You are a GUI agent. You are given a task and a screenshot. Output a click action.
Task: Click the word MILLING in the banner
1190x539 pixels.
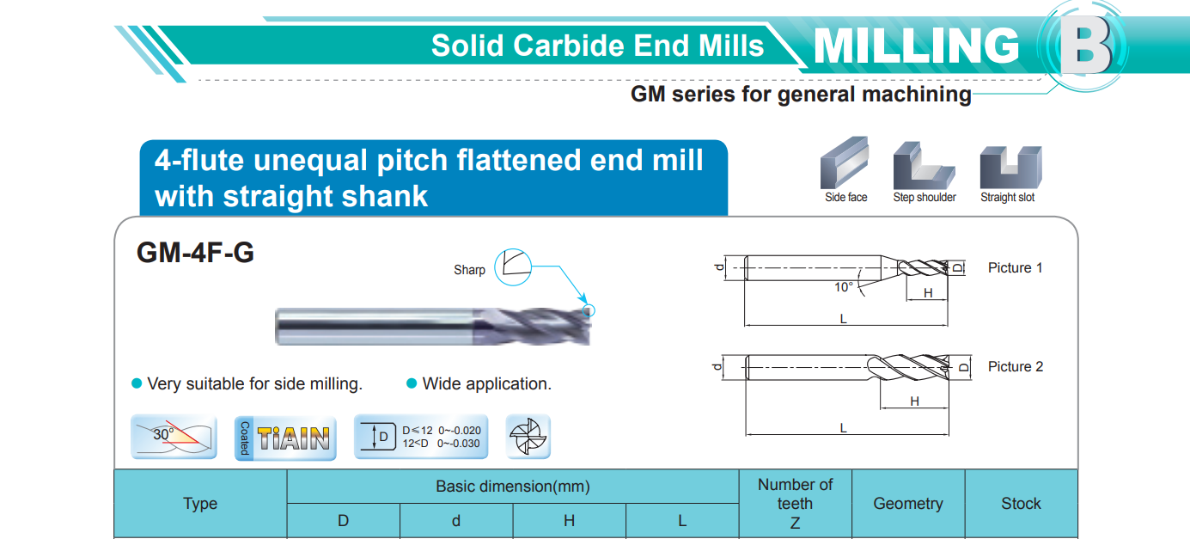pyautogui.click(x=917, y=46)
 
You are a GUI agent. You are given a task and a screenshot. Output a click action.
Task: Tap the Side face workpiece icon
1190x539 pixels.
pyautogui.click(x=845, y=162)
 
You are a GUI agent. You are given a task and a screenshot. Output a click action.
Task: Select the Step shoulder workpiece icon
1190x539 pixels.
pyautogui.click(x=924, y=165)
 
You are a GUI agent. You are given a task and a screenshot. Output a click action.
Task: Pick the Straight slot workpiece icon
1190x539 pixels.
pyautogui.click(x=1011, y=167)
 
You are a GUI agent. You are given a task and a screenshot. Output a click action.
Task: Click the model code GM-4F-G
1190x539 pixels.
pyautogui.click(x=195, y=253)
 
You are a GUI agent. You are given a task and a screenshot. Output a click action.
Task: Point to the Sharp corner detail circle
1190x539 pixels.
pyautogui.click(x=513, y=267)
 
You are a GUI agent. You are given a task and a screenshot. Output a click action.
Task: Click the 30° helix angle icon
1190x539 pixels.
pyautogui.click(x=174, y=437)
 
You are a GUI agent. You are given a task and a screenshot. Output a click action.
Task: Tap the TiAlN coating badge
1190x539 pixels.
pyautogui.click(x=285, y=438)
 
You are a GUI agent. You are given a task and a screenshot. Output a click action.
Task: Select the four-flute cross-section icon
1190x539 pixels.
pyautogui.click(x=528, y=437)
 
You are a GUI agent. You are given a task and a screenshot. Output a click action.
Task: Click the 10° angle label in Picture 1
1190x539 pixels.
pyautogui.click(x=843, y=287)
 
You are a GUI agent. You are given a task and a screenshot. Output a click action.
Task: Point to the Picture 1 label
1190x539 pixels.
pyautogui.click(x=1015, y=268)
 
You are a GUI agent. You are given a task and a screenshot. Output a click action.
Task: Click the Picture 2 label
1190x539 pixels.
pyautogui.click(x=1016, y=367)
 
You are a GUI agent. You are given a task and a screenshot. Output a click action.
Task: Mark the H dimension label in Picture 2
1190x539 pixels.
pyautogui.click(x=914, y=401)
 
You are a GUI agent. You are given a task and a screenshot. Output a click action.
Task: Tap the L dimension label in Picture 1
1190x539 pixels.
pyautogui.click(x=843, y=319)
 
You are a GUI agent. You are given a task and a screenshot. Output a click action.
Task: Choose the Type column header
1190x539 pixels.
pyautogui.click(x=200, y=504)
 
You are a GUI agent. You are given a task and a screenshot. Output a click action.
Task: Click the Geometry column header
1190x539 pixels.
pyautogui.click(x=908, y=504)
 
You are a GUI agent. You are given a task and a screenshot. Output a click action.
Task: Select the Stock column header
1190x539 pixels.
pyautogui.click(x=1021, y=504)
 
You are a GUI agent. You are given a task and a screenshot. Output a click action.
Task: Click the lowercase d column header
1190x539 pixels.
pyautogui.click(x=456, y=521)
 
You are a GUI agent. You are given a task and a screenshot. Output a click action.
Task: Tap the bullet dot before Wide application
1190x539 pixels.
pyautogui.click(x=412, y=383)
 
